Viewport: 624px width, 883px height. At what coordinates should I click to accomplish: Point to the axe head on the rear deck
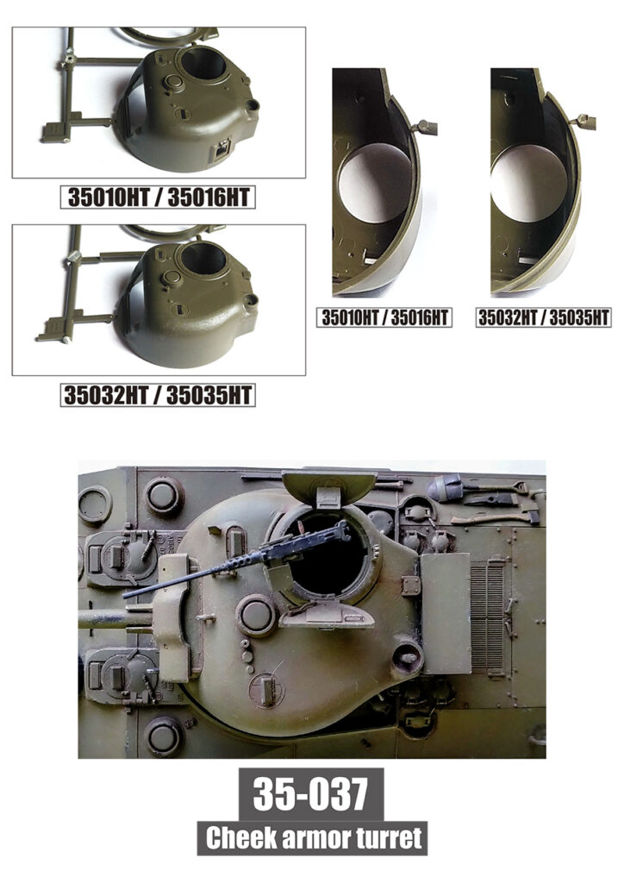tap(530, 515)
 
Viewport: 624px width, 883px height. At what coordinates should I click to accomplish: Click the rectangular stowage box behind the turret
tap(446, 613)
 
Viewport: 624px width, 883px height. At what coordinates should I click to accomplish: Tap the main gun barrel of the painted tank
tap(115, 617)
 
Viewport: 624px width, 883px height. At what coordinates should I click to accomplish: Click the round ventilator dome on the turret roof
tap(256, 615)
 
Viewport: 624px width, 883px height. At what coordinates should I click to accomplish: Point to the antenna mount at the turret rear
tap(406, 655)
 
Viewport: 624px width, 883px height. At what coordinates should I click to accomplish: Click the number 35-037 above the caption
tap(310, 793)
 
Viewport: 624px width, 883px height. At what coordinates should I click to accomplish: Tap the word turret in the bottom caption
tap(388, 838)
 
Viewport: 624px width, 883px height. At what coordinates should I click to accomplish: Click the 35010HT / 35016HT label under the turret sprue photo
tap(158, 197)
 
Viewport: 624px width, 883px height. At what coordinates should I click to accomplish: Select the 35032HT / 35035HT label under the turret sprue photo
tap(158, 395)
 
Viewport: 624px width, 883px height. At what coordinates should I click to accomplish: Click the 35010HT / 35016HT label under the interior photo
tap(384, 317)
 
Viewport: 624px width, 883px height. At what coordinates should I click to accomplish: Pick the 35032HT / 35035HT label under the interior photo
tap(543, 317)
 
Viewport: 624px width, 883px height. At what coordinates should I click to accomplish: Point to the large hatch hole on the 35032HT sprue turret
tap(203, 258)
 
